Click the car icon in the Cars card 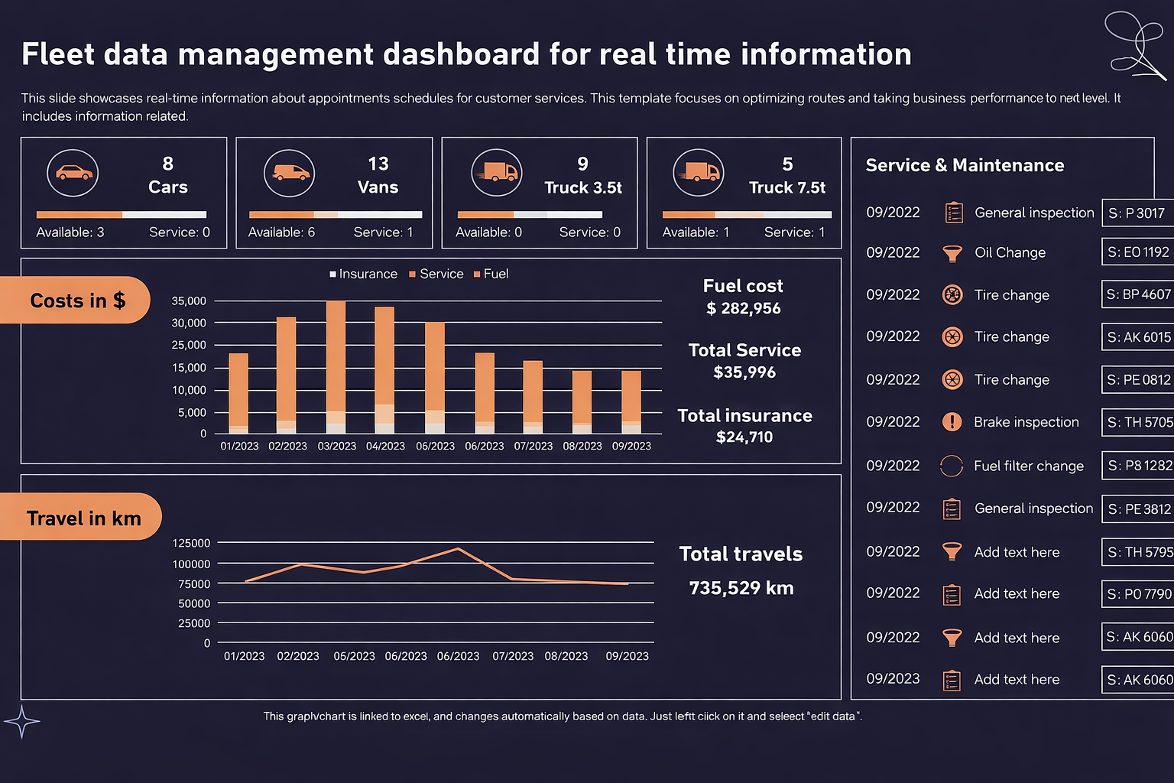point(73,173)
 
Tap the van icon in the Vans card point(289,173)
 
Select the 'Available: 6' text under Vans point(281,232)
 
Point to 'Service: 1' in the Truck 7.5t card point(794,232)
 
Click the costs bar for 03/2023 point(336,367)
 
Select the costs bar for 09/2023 point(631,402)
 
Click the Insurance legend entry point(363,274)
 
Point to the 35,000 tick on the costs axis point(189,301)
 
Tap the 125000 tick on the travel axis point(191,543)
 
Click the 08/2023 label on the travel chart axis point(566,656)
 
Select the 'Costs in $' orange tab point(76,301)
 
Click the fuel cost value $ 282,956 point(743,308)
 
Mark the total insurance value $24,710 point(744,437)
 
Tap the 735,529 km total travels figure point(741,588)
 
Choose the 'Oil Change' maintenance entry point(1010,253)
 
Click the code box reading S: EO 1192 point(1137,252)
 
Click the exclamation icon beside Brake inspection point(952,422)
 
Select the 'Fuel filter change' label point(1028,466)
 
